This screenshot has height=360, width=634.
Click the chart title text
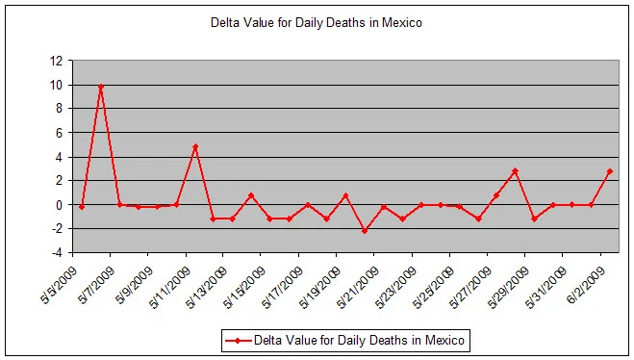[x=317, y=22]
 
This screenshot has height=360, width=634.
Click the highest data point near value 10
[x=101, y=87]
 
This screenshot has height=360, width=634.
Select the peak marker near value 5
[x=195, y=147]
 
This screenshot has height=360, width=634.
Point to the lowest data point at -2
[x=365, y=231]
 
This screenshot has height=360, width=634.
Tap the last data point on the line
[x=610, y=171]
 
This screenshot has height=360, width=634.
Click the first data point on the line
[x=82, y=207]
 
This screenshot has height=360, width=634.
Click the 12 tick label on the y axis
[x=56, y=61]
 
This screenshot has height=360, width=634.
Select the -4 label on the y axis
[x=56, y=253]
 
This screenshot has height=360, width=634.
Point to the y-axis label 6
[x=60, y=133]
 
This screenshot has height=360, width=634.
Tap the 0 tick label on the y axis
[x=60, y=205]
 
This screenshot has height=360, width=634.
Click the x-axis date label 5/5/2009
[x=58, y=286]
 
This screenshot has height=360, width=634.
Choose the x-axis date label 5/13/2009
[x=206, y=288]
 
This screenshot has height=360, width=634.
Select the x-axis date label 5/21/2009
[x=358, y=288]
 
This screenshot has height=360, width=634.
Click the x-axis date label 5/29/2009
[x=509, y=288]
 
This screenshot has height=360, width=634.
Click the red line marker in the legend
[x=238, y=341]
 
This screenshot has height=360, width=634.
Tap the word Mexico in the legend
[x=444, y=340]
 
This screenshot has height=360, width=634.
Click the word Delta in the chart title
[x=223, y=22]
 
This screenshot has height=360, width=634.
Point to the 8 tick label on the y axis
[x=60, y=109]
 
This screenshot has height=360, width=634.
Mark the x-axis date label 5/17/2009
[x=282, y=288]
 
